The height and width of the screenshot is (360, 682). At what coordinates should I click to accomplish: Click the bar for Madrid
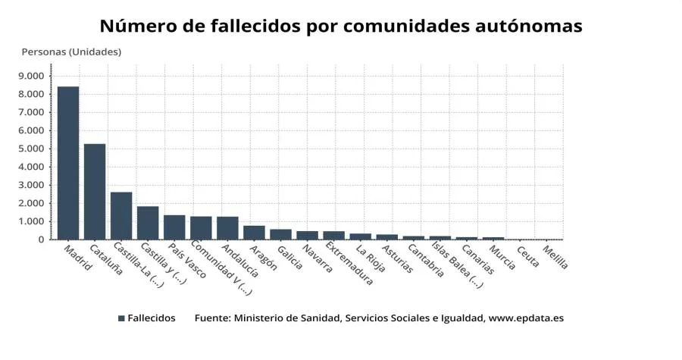[x=68, y=163]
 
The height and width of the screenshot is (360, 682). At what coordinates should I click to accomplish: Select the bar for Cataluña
[x=95, y=192]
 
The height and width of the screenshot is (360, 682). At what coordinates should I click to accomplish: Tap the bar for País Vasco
[x=174, y=227]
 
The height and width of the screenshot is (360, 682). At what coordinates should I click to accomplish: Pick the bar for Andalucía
[x=227, y=228]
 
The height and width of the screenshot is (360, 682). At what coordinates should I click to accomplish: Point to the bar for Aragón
[x=254, y=233]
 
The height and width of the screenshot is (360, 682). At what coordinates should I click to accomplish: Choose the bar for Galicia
[x=280, y=234]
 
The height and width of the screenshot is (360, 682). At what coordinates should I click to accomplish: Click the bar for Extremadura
[x=333, y=236]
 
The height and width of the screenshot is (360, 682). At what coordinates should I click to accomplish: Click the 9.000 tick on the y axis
[x=31, y=76]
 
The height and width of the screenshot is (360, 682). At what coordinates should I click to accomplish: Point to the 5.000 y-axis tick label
[x=31, y=149]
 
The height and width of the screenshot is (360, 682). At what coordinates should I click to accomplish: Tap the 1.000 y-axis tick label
[x=31, y=221]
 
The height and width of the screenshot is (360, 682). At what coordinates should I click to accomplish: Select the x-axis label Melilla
[x=555, y=257]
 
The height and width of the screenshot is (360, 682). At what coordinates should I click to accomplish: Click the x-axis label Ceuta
[x=528, y=255]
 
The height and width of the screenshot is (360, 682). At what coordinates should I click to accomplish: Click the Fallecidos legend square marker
[x=121, y=318]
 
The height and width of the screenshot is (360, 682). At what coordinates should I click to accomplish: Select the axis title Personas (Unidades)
[x=71, y=52]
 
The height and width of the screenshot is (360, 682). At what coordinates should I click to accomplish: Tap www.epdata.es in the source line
[x=526, y=318]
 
